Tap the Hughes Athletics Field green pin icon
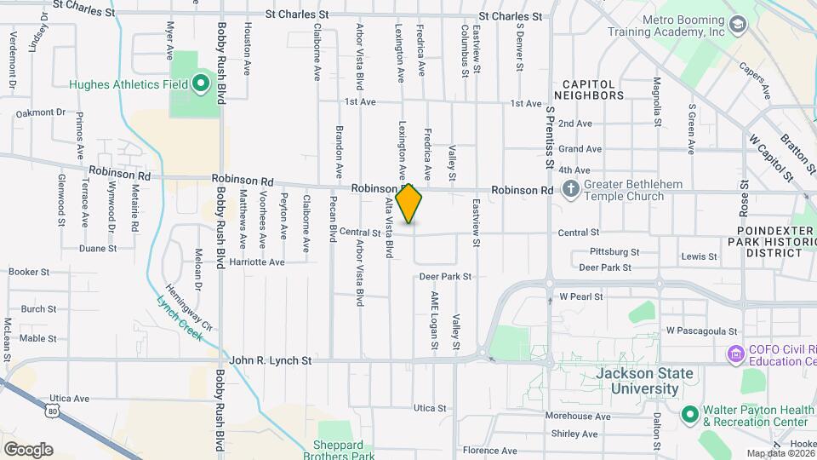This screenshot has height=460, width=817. [x=201, y=83]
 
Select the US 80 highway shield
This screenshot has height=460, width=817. [x=54, y=411]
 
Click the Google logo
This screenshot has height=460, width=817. [x=28, y=450]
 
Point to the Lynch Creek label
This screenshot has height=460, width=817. [x=179, y=319]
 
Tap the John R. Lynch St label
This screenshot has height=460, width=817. [x=271, y=360]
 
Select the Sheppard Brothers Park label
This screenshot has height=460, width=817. [x=339, y=450]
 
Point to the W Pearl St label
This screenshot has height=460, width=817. [x=581, y=297]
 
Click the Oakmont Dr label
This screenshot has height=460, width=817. [x=41, y=112]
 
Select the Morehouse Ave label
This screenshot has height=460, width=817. [x=579, y=417]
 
